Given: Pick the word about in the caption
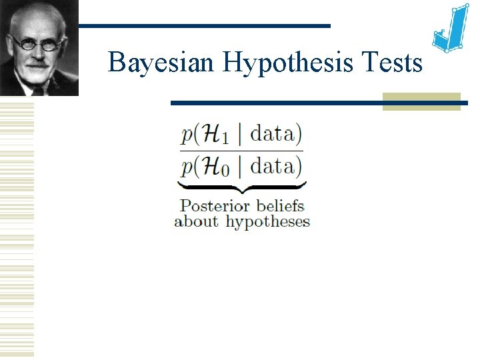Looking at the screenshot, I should tap(196, 221).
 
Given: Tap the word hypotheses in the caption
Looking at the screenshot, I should tap(267, 222).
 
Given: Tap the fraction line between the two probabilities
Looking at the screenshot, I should tap(241, 151).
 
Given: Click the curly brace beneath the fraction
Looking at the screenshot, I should tap(241, 187).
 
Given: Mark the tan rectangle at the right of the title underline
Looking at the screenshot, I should tap(421, 101).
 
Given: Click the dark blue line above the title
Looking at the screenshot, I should tap(203, 26).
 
